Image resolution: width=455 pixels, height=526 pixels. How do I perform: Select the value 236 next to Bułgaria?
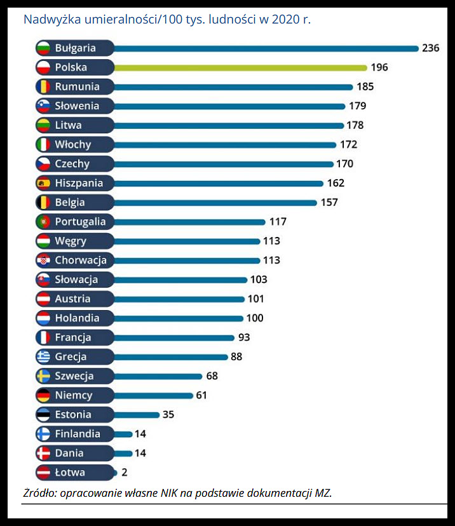pos(430,48)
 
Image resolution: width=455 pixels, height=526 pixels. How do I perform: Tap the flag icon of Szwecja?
pos(43,376)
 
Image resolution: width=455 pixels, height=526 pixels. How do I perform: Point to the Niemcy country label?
pos(73,395)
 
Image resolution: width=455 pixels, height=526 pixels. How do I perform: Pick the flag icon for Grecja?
pos(43,356)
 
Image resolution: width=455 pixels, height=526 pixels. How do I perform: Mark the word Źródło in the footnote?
pos(39,493)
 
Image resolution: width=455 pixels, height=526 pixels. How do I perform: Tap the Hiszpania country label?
pos(79,183)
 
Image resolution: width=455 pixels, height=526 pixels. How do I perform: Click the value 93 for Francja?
pos(244,337)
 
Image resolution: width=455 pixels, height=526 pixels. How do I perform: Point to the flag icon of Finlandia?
pos(43,434)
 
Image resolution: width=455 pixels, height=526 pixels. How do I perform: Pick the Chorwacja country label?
pos(80,260)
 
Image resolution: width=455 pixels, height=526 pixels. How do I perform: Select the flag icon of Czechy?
pos(43,164)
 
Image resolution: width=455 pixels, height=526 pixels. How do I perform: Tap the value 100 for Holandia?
pos(255,318)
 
